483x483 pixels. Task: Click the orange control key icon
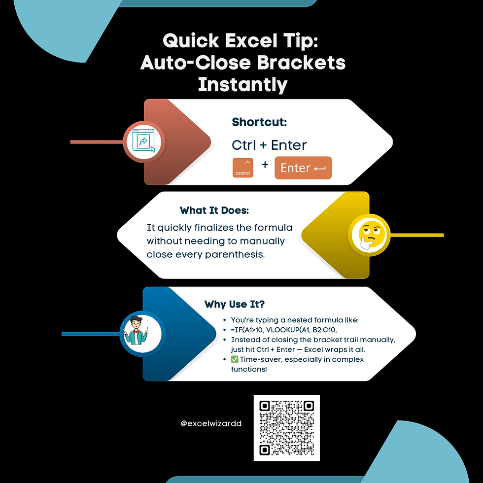pos(242,168)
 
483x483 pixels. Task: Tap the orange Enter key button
pos(303,168)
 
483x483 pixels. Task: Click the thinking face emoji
pos(369,236)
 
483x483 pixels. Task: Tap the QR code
pos(286,428)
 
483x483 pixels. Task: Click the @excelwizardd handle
pos(211,423)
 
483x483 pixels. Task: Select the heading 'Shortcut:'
pos(259,122)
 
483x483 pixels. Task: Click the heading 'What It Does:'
pos(214,210)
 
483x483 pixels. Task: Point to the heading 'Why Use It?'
pos(235,305)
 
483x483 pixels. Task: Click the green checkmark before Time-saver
pos(235,359)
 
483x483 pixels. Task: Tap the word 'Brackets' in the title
pos(301,63)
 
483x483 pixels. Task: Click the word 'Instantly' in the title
pos(242,85)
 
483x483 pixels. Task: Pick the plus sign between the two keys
pos(265,165)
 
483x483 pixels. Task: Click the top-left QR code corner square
pos(265,406)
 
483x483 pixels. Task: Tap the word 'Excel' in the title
pos(251,40)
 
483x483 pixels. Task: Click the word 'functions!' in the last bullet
pos(249,369)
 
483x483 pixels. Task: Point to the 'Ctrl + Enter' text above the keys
pos(269,145)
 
